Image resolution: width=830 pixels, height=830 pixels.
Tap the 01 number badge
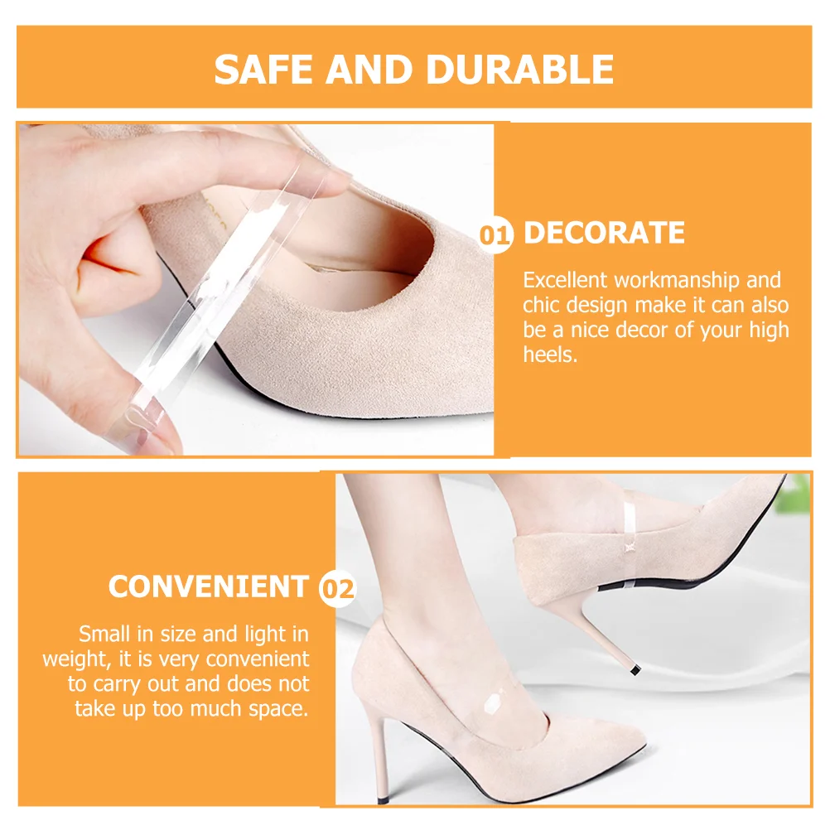click(497, 235)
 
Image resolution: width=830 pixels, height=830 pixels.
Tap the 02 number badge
click(337, 589)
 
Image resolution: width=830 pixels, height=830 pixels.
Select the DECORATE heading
click(604, 234)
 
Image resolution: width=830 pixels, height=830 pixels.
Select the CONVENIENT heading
click(208, 587)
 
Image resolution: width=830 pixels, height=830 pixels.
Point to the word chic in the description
click(542, 306)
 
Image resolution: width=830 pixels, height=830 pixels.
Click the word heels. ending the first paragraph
click(549, 355)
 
